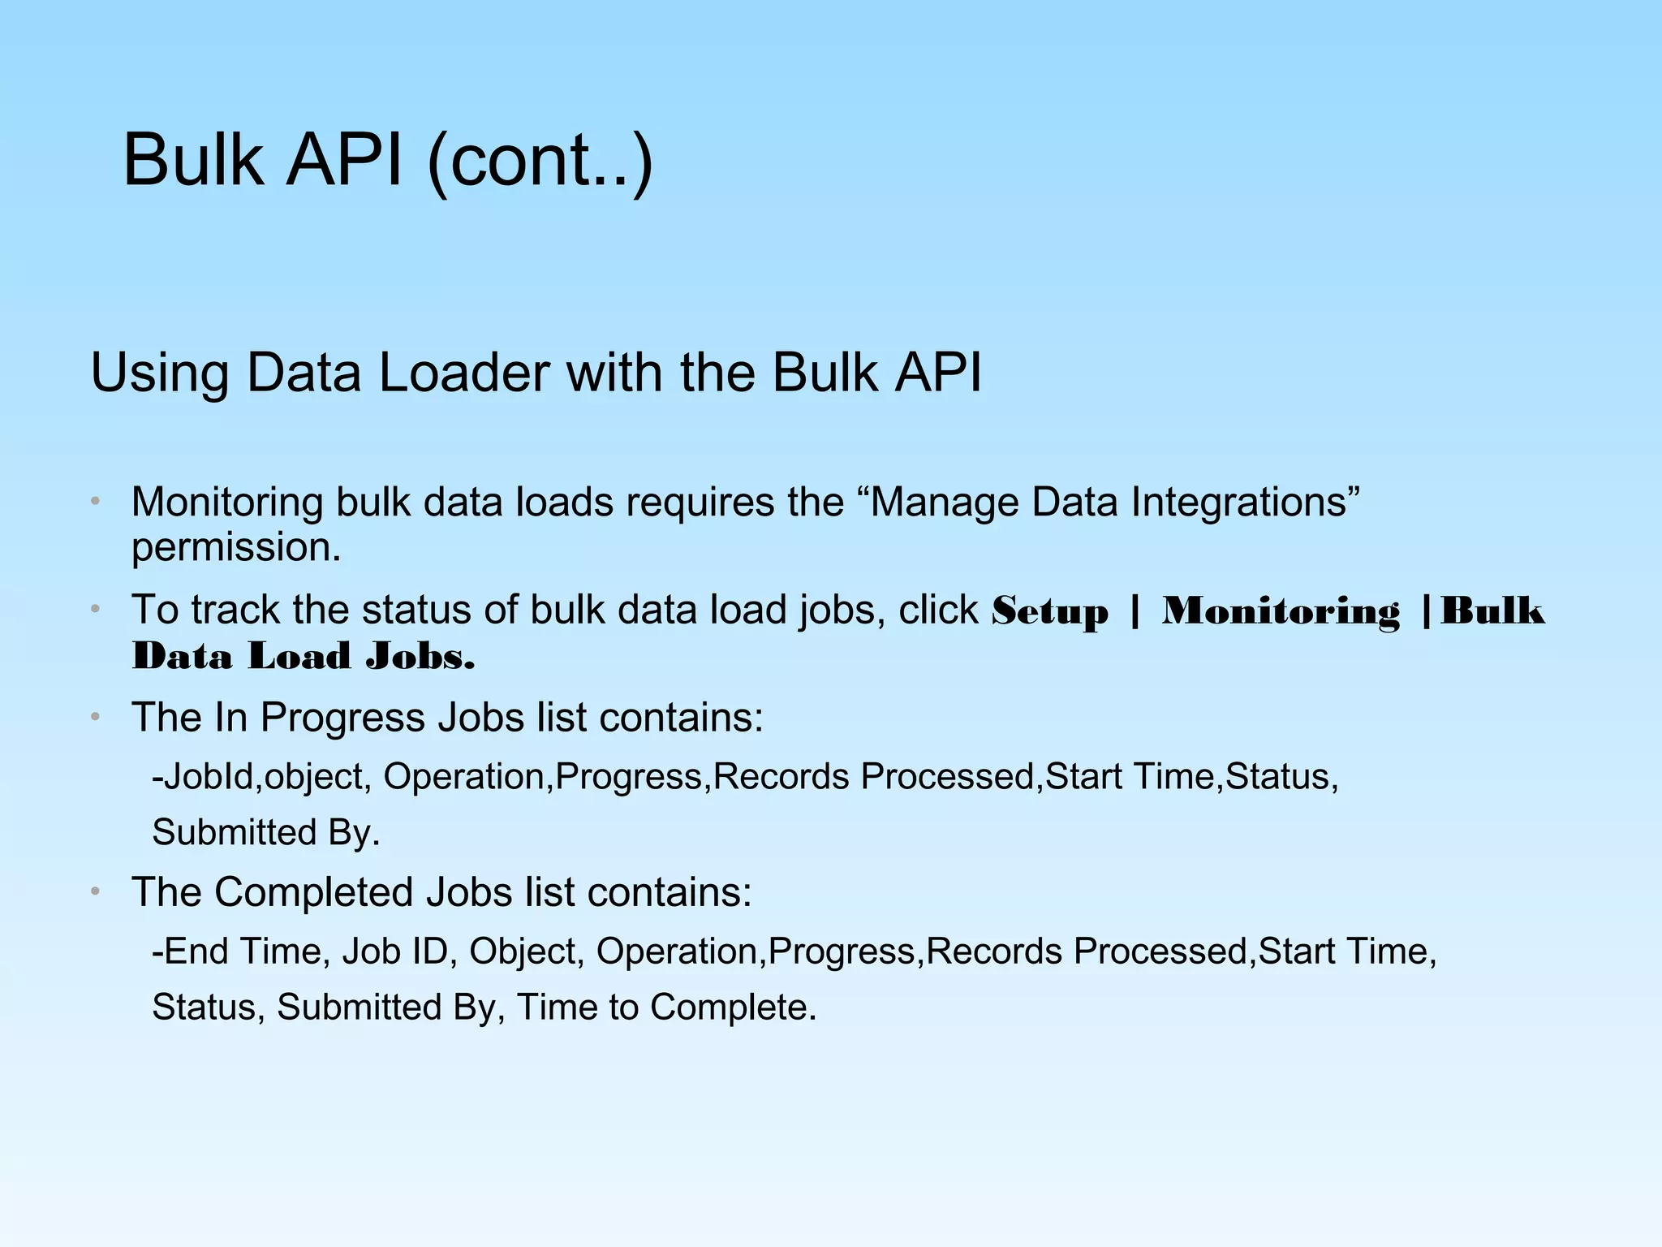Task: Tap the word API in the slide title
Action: tap(344, 160)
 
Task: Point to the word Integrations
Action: tap(1245, 502)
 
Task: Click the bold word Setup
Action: tap(1049, 611)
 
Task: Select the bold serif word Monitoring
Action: tap(1281, 611)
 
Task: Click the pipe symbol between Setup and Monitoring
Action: tap(1135, 611)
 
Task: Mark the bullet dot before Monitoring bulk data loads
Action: tap(95, 502)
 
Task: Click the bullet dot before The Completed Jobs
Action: tap(95, 892)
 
